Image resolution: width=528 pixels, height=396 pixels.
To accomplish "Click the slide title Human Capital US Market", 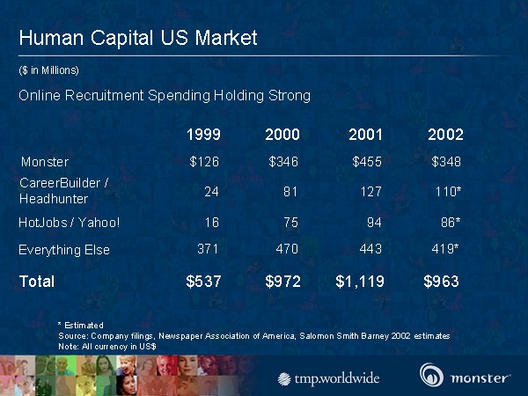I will coord(137,38).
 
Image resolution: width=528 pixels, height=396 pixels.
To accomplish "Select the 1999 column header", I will coord(204,135).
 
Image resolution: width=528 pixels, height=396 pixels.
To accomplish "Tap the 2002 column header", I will coord(445,135).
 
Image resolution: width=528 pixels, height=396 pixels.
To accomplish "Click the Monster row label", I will coord(45,162).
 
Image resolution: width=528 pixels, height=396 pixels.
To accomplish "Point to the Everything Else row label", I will coord(64,250).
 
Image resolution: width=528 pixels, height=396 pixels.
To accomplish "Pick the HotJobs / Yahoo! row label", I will coord(70,222).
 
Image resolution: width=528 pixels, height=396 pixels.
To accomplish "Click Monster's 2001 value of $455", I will coord(367,162).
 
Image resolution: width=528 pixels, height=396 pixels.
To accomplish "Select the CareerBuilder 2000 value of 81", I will coord(291,190).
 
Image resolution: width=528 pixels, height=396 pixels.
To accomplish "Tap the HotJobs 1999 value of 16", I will coord(211,222).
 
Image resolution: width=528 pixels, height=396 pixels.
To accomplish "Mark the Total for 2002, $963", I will coord(442,282).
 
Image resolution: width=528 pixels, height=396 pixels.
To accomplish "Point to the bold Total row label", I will coord(37,282).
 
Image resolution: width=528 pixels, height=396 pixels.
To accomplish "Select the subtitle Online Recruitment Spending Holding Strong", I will coord(165,95).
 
